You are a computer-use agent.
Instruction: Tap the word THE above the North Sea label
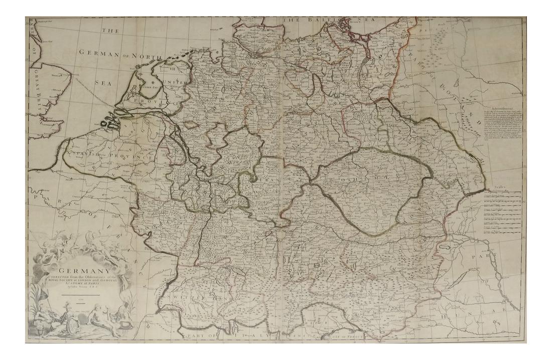tap(109, 31)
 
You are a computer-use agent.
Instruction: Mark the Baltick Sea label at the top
tap(321, 20)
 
